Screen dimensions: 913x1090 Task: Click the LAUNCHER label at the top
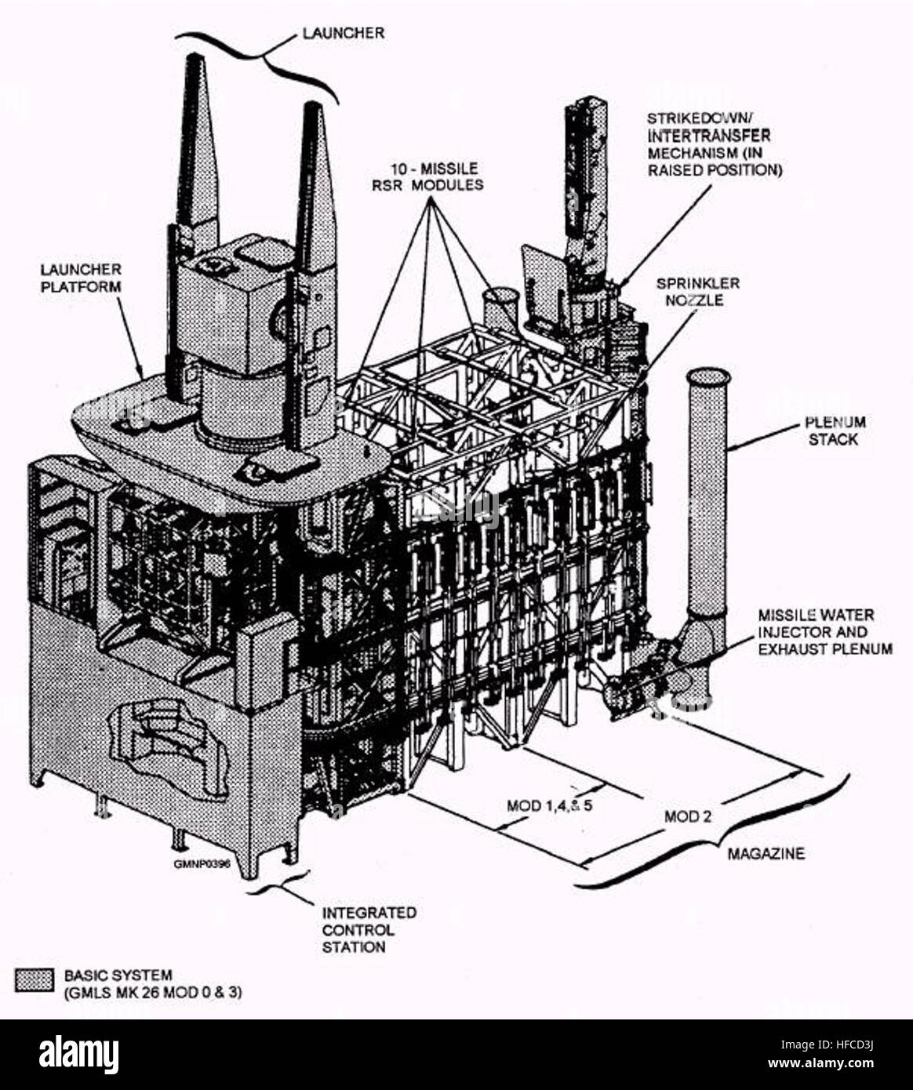click(343, 34)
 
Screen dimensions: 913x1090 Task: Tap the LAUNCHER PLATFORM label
click(81, 278)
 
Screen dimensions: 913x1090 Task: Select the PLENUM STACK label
click(835, 431)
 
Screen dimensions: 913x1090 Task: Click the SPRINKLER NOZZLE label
click(698, 292)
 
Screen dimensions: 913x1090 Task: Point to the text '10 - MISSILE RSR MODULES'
click(427, 176)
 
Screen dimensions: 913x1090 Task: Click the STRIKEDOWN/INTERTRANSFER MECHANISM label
click(715, 144)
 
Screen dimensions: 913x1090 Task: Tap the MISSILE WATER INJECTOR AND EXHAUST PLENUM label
click(824, 632)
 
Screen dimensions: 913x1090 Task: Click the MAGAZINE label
click(766, 854)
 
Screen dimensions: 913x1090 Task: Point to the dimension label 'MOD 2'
click(687, 816)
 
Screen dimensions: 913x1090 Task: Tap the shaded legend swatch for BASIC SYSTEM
click(34, 980)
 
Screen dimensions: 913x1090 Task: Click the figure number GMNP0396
click(202, 864)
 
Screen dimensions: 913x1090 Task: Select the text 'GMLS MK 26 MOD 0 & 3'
click(153, 993)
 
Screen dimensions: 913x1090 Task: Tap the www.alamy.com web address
click(820, 1063)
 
